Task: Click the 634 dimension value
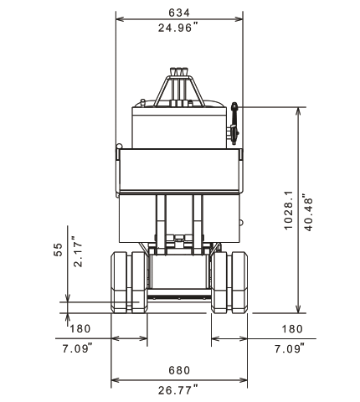(x=179, y=13)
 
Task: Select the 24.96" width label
(x=178, y=28)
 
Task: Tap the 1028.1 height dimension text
(x=289, y=210)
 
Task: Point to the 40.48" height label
(x=308, y=212)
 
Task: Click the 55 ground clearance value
(x=58, y=250)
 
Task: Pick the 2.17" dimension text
(x=79, y=252)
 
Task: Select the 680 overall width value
(x=179, y=370)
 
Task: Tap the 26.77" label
(x=178, y=389)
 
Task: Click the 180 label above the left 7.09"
(x=80, y=329)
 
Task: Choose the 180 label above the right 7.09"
(x=292, y=329)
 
